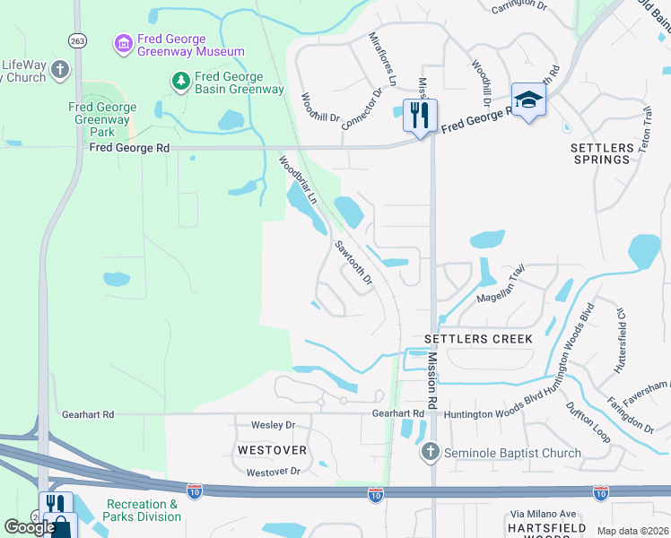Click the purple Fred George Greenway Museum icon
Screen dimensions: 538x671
point(123,42)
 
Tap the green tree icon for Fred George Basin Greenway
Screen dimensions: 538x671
point(181,82)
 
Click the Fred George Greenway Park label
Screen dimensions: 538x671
point(103,119)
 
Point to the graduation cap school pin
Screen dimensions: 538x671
point(528,101)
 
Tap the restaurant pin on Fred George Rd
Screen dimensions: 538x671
point(419,116)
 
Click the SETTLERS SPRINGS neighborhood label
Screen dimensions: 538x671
point(601,152)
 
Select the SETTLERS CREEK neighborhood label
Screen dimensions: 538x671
point(478,339)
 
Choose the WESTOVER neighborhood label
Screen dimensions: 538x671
point(272,448)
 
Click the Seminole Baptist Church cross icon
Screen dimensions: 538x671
point(431,452)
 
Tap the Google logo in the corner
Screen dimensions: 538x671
point(30,527)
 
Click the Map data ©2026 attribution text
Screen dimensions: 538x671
point(632,531)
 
